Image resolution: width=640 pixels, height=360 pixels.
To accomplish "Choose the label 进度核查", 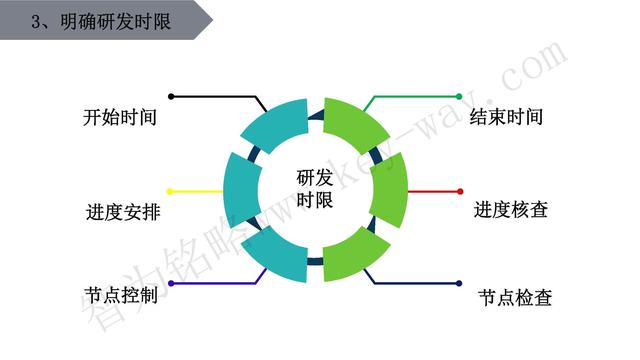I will (510, 210).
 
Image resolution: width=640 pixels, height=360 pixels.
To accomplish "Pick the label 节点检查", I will (514, 297).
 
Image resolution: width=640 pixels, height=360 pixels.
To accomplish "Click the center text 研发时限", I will (315, 188).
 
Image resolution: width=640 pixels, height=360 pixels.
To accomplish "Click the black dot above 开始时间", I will (171, 97).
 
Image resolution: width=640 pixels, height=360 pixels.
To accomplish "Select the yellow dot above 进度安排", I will (171, 190).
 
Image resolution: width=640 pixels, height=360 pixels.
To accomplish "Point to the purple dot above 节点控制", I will (171, 284).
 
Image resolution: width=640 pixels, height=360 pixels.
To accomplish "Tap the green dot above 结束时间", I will (459, 97).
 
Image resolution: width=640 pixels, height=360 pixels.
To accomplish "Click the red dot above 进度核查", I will (459, 190).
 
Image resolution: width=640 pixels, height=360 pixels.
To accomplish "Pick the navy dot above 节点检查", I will (459, 284).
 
